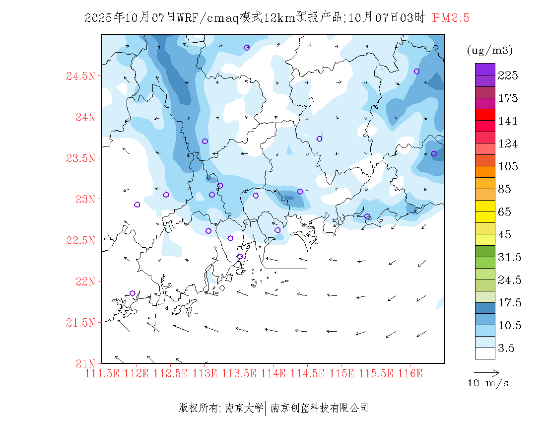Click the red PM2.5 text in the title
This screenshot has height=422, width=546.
click(451, 18)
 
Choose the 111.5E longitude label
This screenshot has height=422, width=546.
click(102, 373)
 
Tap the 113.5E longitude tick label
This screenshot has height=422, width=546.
click(239, 373)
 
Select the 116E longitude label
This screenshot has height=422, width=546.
click(410, 373)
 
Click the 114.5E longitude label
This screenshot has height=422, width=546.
click(307, 373)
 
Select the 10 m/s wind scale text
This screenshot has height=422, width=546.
click(488, 383)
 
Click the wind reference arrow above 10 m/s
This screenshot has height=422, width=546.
click(486, 372)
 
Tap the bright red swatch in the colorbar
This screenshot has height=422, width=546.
click(485, 115)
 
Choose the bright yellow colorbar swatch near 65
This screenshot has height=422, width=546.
click(485, 206)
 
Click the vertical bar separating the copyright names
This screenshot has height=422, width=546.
click(266, 408)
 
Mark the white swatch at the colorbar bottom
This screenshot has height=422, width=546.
click(485, 353)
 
